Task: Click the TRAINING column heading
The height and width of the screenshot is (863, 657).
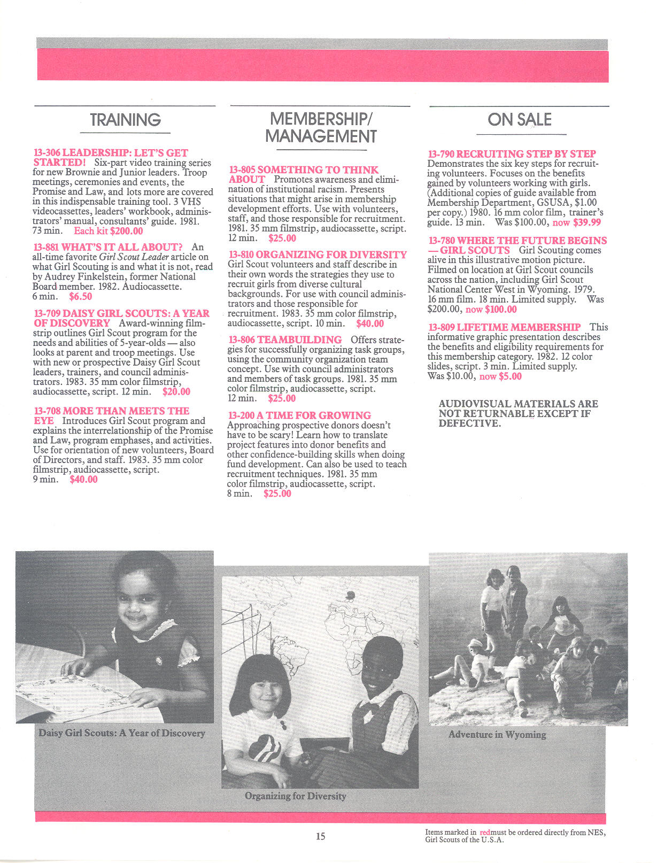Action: click(x=125, y=120)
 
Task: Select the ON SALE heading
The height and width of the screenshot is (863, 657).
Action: click(x=519, y=120)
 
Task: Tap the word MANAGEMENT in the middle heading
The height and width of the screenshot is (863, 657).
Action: click(x=321, y=137)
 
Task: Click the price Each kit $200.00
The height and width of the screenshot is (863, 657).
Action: click(x=109, y=231)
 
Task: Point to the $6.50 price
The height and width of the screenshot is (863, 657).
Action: click(x=80, y=296)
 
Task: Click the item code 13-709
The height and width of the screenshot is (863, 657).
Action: click(x=47, y=313)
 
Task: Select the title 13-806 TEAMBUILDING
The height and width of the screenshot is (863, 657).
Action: click(x=285, y=340)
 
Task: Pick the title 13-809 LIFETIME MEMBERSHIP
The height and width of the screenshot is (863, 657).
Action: click(x=504, y=327)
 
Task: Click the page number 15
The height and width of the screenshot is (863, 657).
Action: click(x=320, y=836)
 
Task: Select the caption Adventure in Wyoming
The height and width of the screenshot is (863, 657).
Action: click(x=497, y=734)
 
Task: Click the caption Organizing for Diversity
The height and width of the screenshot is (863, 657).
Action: click(x=295, y=796)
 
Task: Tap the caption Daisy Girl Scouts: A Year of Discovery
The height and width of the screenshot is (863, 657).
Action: click(x=122, y=733)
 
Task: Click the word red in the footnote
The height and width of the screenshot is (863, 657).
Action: click(x=485, y=833)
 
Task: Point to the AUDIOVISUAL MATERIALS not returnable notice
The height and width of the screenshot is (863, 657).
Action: click(x=517, y=413)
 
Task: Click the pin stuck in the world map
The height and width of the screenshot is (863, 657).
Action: click(x=351, y=595)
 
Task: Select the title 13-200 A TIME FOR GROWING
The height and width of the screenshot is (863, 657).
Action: click(x=299, y=415)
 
